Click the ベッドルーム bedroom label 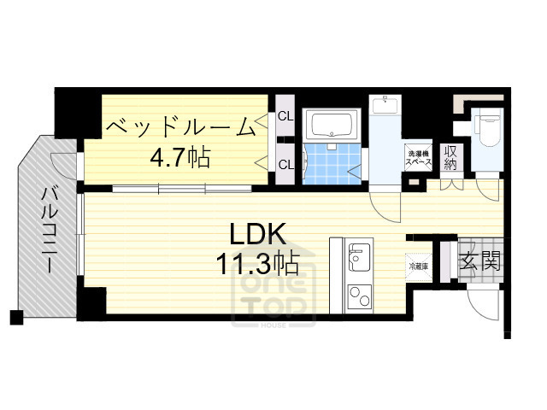[180, 127]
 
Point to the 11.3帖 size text [257, 261]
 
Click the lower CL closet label [285, 164]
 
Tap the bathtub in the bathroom [332, 126]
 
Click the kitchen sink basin [358, 255]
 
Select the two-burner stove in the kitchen [358, 298]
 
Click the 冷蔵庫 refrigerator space [418, 266]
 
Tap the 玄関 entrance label [479, 262]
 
